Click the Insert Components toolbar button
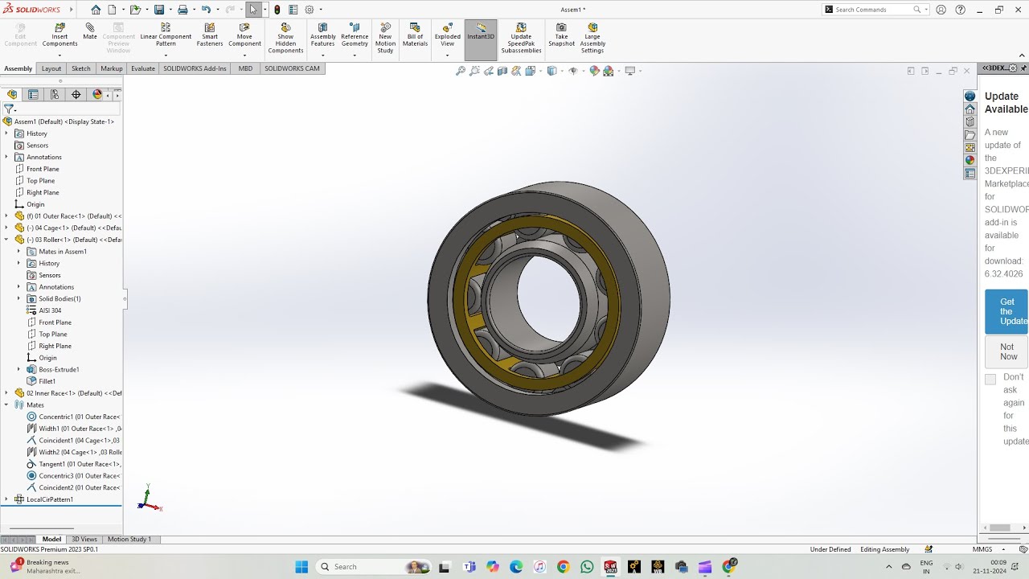coord(59,35)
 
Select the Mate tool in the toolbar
coord(90,32)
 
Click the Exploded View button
coord(448,35)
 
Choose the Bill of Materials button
coord(415,35)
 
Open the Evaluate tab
coord(143,68)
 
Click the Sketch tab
coord(81,68)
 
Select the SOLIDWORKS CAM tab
coord(292,68)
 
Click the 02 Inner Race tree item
coord(72,393)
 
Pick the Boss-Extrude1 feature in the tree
coord(59,369)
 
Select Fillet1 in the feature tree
coord(47,381)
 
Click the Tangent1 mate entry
coord(79,464)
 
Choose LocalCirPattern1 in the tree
coord(50,499)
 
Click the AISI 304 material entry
coord(50,310)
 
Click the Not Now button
coord(1007,351)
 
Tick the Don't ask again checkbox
coord(990,379)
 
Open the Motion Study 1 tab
coord(129,539)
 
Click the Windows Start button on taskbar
coord(301,567)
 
